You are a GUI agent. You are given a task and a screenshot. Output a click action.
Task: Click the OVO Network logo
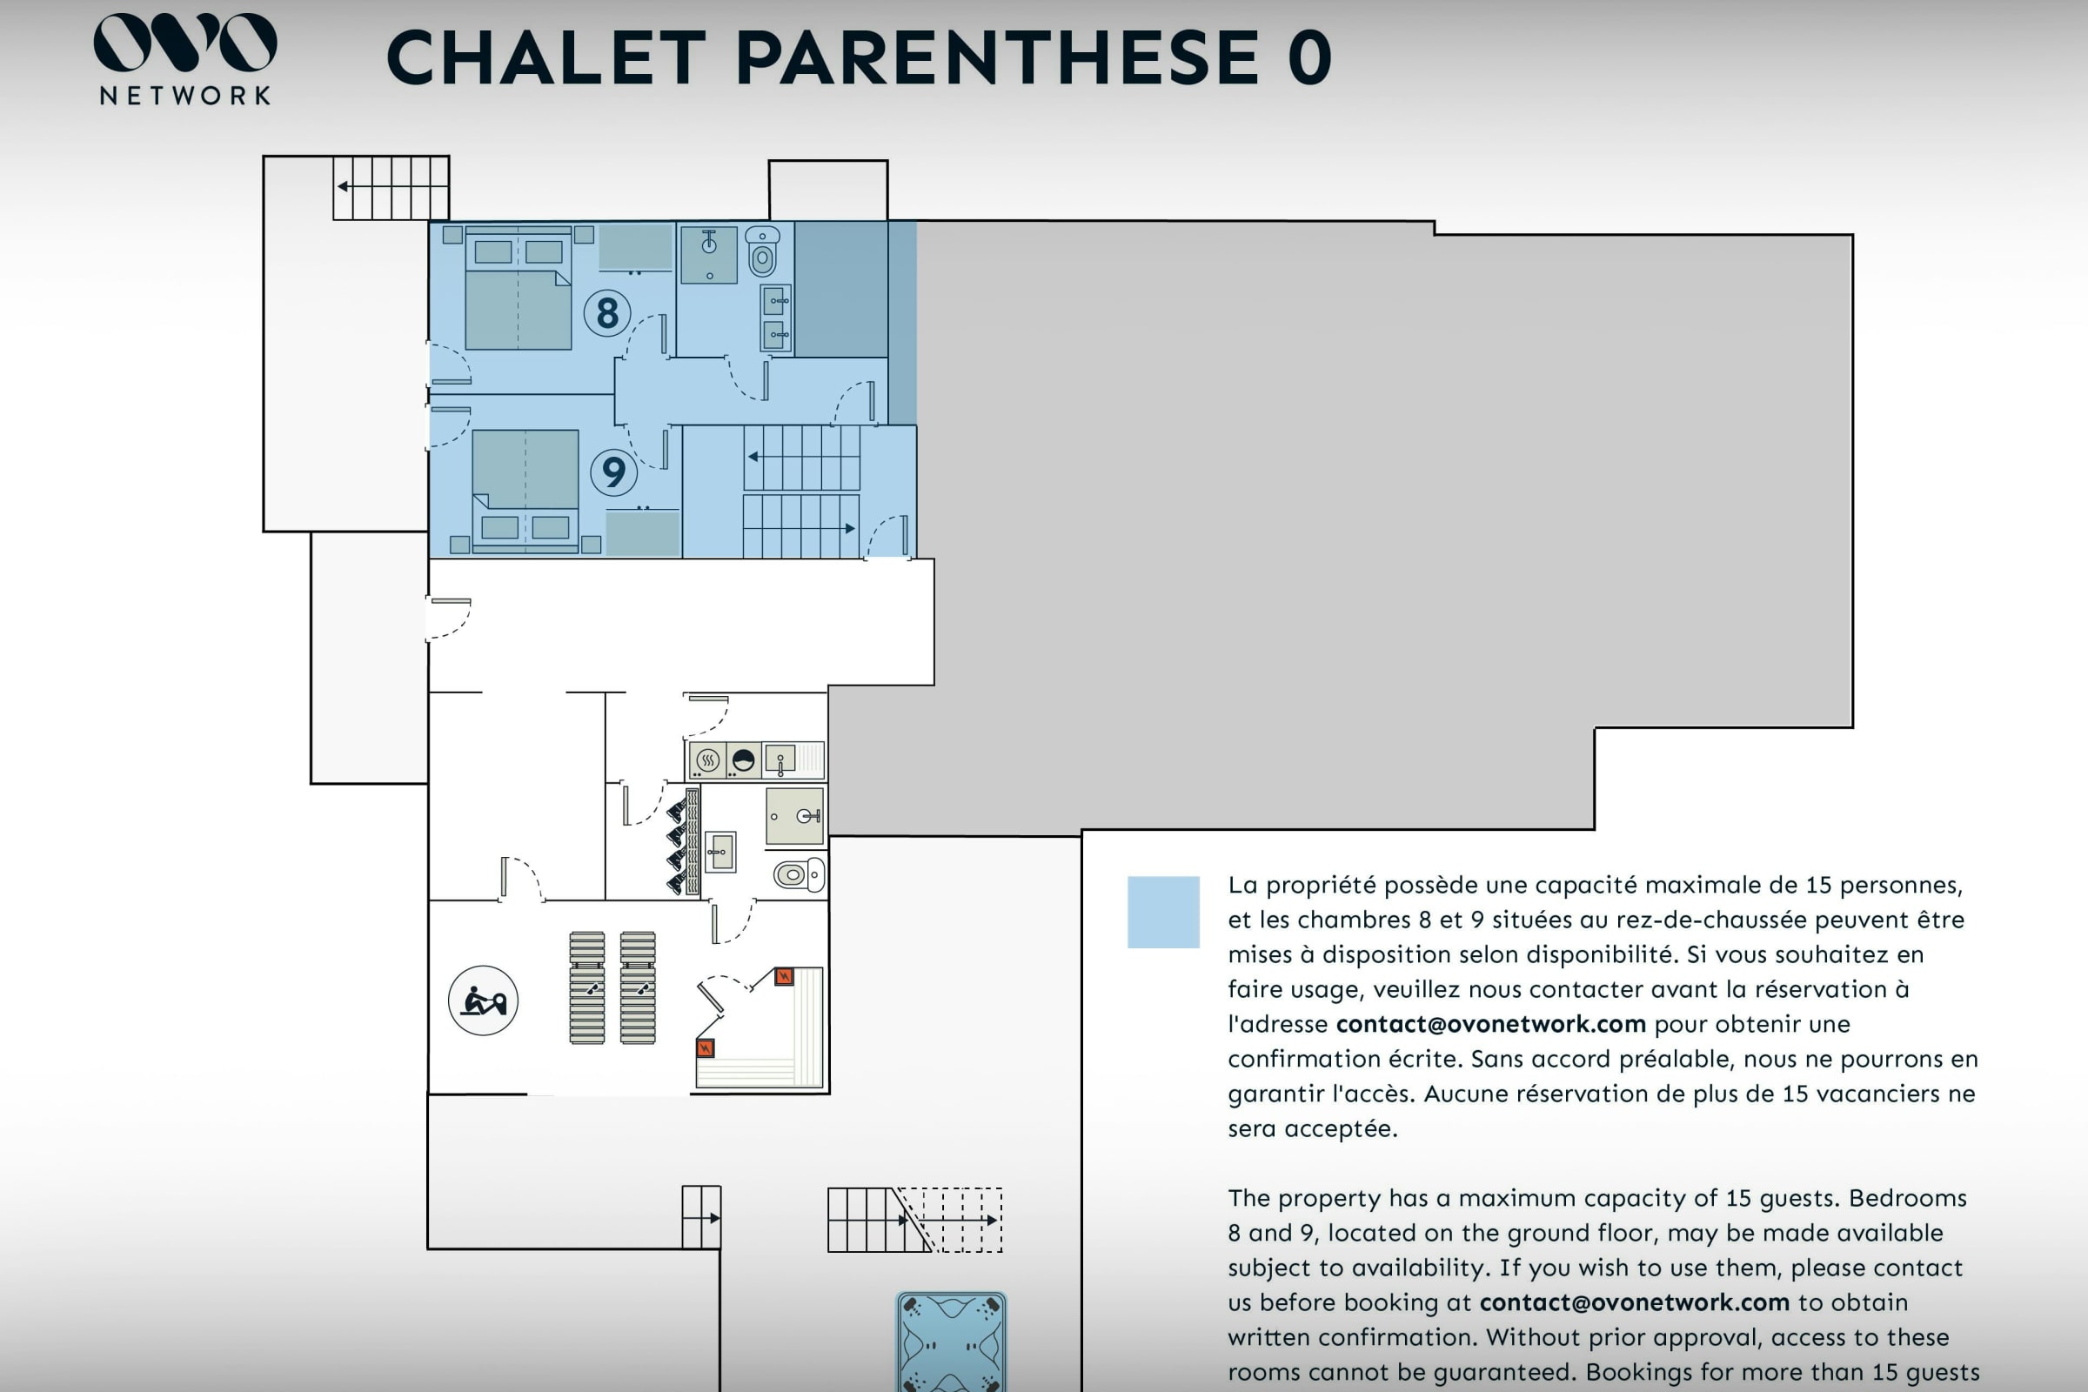[x=184, y=58]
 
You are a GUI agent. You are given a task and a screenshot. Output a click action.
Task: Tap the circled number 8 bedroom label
[x=607, y=312]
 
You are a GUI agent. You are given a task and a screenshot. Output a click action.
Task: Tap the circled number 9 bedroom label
[x=613, y=472]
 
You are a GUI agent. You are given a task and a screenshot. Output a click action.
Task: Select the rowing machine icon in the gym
[x=483, y=1000]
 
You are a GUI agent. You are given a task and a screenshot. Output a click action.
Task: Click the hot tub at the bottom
[x=951, y=1342]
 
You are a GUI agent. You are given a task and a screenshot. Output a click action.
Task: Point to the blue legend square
[x=1163, y=912]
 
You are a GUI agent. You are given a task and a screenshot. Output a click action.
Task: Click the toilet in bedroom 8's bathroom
[x=762, y=251]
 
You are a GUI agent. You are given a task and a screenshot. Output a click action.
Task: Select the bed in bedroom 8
[x=519, y=289]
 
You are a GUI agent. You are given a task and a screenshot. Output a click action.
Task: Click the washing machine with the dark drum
[x=743, y=760]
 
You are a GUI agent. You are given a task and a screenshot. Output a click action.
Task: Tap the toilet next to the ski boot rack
[x=799, y=875]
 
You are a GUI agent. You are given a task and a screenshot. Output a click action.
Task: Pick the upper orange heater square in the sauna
[x=783, y=976]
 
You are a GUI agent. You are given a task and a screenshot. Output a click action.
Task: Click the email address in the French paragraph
[x=1490, y=1024]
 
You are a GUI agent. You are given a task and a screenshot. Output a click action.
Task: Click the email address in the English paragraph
[x=1635, y=1302]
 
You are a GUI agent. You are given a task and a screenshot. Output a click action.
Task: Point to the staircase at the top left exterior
[x=391, y=187]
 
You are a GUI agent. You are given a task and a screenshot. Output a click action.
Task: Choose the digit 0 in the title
[x=1309, y=57]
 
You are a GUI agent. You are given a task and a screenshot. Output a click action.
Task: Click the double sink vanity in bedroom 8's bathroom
[x=776, y=318]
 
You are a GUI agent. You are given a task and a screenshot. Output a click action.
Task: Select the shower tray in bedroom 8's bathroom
[x=708, y=255]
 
